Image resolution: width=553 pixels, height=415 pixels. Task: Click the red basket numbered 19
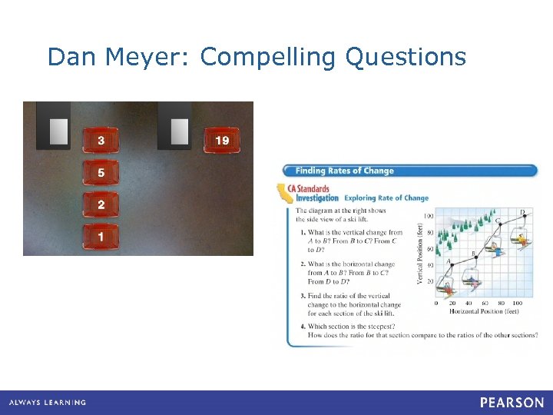[222, 140]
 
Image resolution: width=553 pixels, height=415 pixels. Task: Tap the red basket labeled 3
[101, 140]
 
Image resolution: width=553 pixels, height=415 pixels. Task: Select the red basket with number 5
[101, 173]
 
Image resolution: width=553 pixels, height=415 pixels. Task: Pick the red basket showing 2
[101, 205]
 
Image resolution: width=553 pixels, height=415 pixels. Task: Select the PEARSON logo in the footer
[512, 402]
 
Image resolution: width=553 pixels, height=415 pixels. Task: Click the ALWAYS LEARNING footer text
[48, 403]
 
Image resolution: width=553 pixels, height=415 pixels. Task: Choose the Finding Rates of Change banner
[344, 171]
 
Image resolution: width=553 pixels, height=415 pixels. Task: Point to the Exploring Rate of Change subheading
[386, 198]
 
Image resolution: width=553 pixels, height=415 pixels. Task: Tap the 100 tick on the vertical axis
[429, 216]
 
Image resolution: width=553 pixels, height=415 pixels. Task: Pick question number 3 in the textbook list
[303, 296]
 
